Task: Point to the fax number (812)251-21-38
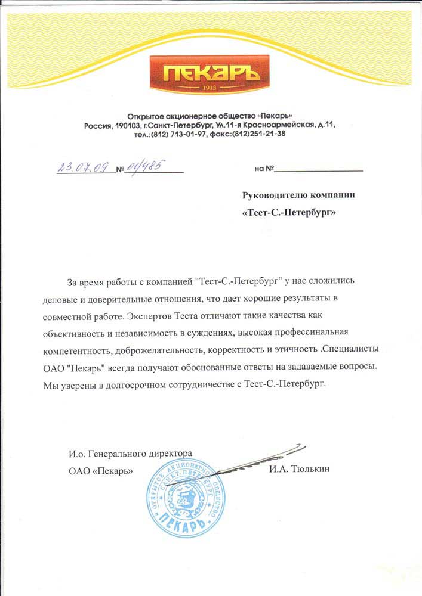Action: click(258, 134)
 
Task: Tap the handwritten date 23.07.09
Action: click(85, 166)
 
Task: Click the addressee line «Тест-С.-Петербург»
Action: click(289, 212)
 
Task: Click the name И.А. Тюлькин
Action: click(299, 469)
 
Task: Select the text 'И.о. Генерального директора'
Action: click(130, 454)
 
